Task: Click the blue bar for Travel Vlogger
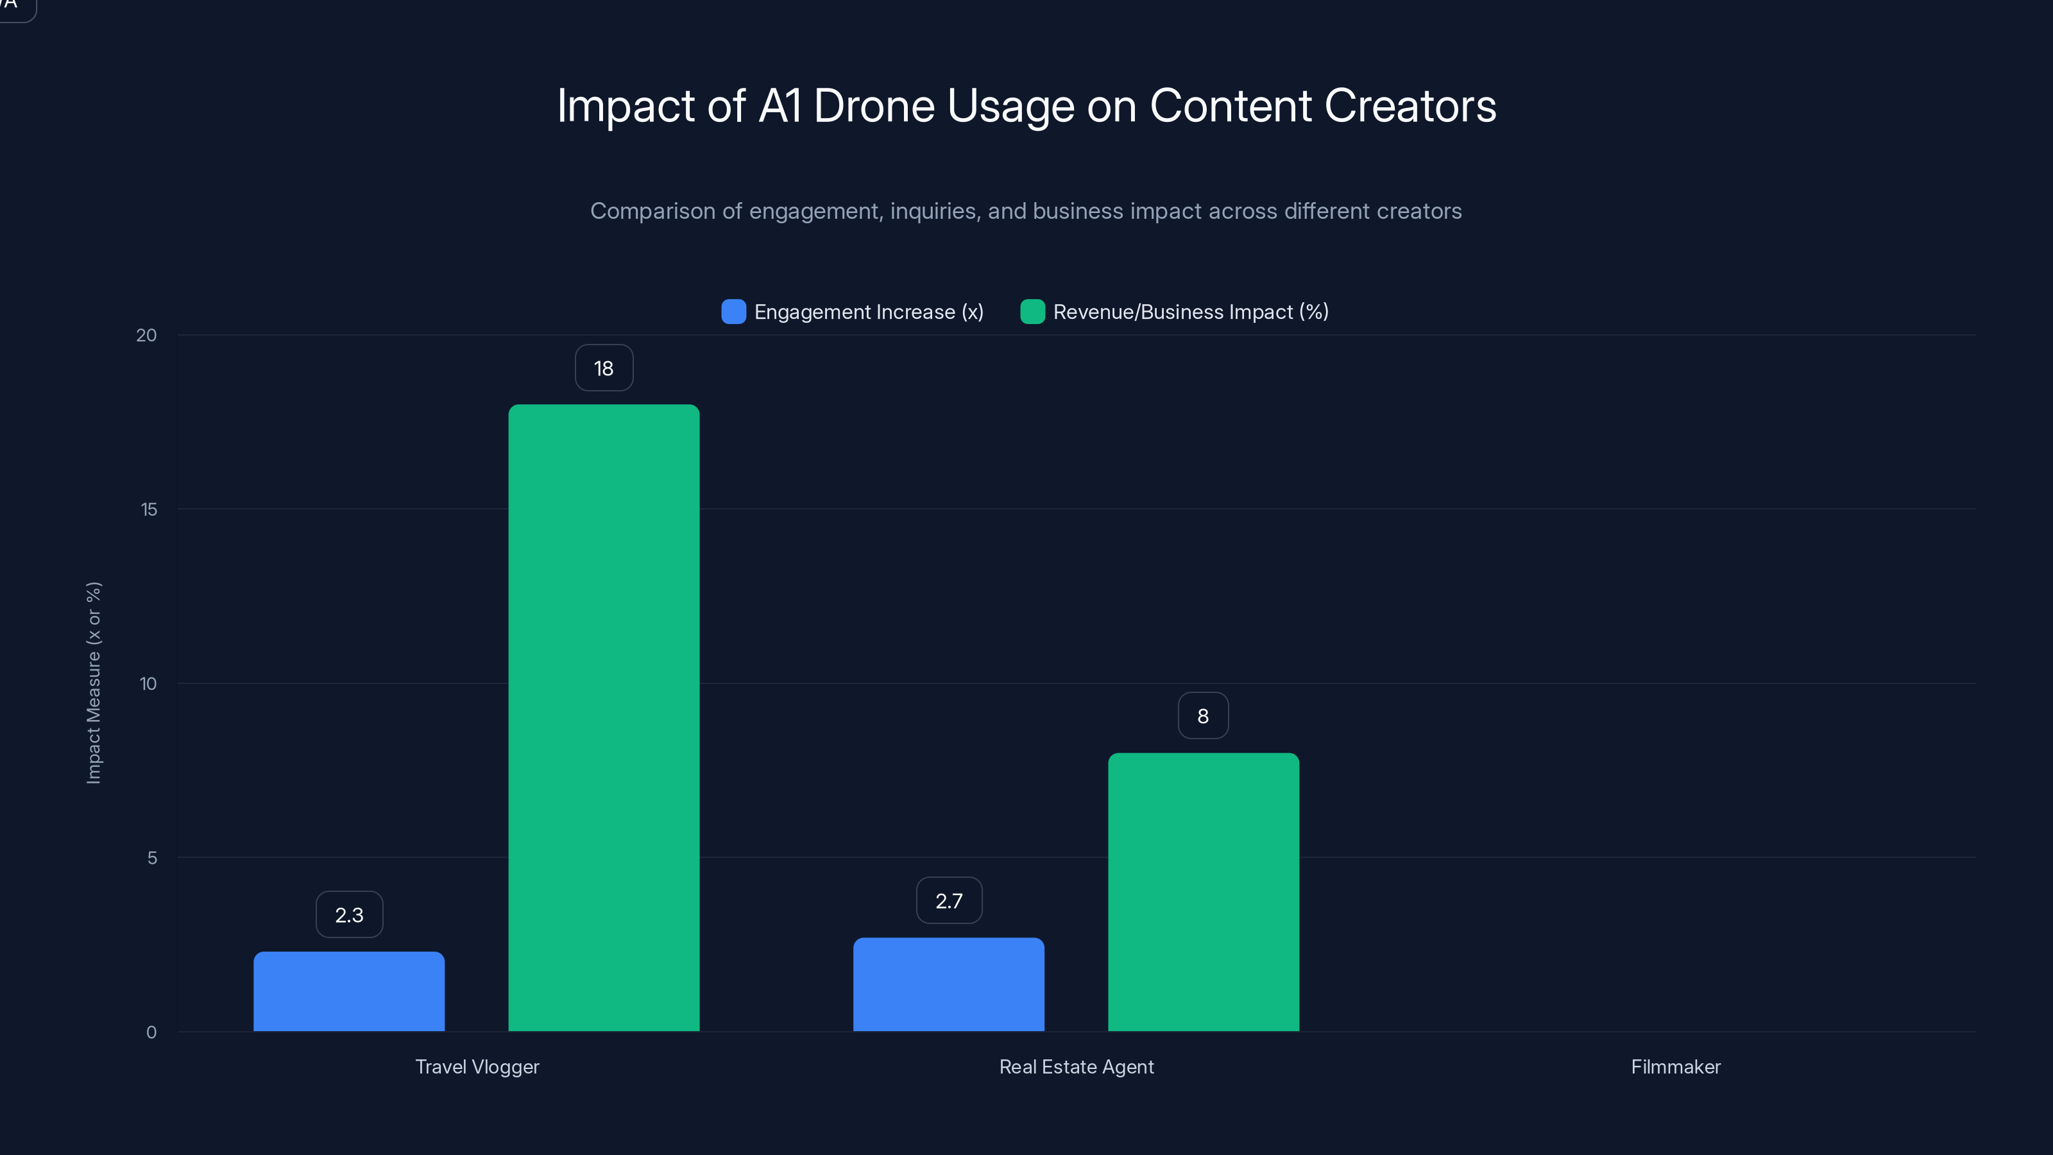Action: point(349,991)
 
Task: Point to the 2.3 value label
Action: point(349,915)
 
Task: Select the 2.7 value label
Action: point(948,901)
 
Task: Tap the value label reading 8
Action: point(1203,716)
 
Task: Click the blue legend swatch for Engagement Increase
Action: point(733,312)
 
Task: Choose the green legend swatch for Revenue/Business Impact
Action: point(1032,312)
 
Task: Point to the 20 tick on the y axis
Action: point(147,335)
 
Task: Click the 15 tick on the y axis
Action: point(148,509)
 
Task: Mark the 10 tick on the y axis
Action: point(148,683)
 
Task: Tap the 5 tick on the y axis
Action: point(151,858)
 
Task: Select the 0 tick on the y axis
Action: point(151,1032)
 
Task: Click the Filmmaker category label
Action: point(1675,1066)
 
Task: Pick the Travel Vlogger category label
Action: point(477,1066)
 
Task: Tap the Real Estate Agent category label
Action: point(1076,1066)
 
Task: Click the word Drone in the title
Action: point(873,106)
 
